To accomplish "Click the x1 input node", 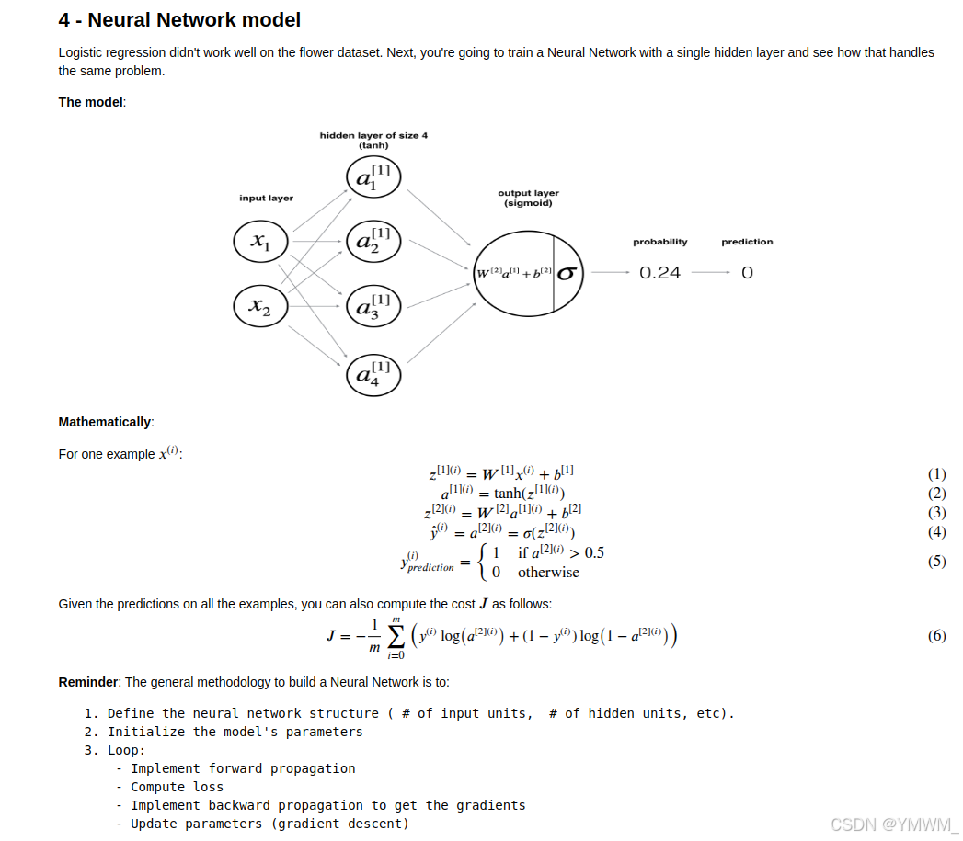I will [x=261, y=242].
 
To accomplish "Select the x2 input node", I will [x=261, y=306].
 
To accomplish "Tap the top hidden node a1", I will [x=373, y=177].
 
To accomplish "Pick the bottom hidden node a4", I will [x=373, y=374].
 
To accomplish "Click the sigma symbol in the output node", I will [x=567, y=273].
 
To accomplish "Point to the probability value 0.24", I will [x=659, y=273].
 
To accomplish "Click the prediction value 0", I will [x=747, y=273].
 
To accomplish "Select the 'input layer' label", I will [x=266, y=198].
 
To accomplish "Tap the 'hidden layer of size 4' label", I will [x=373, y=135].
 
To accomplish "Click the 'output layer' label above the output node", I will [x=528, y=193].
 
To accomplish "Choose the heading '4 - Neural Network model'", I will [x=179, y=19].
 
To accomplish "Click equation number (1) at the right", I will [x=936, y=474].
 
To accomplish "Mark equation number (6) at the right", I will [x=936, y=636].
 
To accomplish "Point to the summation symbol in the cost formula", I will [x=396, y=636].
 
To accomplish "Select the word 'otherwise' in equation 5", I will [x=548, y=573].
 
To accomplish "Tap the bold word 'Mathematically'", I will [x=104, y=422].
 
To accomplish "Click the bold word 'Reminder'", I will [x=88, y=682].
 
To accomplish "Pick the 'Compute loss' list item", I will [x=177, y=787].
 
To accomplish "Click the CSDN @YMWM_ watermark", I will [x=893, y=824].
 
